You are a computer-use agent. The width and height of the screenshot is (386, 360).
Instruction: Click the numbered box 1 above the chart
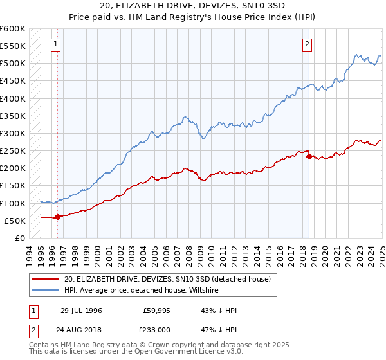point(55,44)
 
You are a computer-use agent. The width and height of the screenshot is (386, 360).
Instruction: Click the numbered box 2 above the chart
point(307,44)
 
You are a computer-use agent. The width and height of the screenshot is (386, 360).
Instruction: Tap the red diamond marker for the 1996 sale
point(57,217)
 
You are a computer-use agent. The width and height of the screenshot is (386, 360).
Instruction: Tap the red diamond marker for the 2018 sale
point(309,156)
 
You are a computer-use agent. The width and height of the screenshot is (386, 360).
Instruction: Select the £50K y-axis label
point(15,221)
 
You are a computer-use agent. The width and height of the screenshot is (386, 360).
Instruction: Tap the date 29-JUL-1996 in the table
point(81,310)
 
